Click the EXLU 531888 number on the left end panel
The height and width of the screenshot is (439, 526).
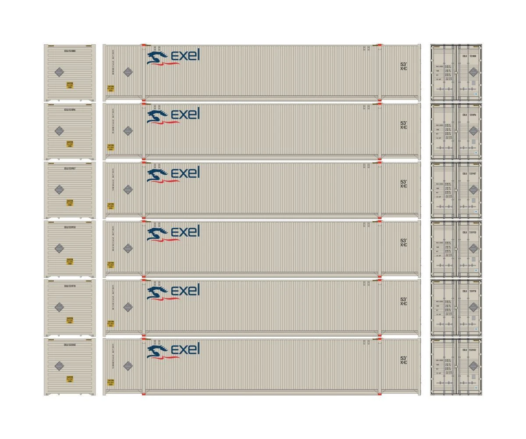point(70,51)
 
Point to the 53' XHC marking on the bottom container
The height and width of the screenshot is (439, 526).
point(404,360)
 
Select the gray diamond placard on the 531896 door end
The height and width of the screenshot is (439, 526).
point(473,131)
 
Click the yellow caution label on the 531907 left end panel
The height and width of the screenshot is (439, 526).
point(70,202)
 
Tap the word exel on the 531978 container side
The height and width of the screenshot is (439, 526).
point(185,290)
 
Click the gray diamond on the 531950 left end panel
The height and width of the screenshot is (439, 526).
point(59,248)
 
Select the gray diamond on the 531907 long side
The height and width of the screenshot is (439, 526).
point(128,189)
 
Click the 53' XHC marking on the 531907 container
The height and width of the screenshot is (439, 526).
point(404,184)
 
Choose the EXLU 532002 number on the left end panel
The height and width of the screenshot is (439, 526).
point(70,345)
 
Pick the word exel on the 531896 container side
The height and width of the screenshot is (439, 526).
point(185,113)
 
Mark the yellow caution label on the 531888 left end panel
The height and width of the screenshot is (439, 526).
point(70,85)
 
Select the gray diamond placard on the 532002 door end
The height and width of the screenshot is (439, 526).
point(473,366)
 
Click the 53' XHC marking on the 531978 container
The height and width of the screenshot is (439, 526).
point(404,302)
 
